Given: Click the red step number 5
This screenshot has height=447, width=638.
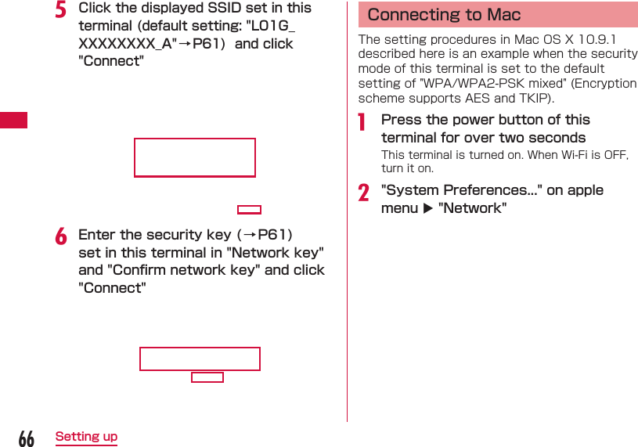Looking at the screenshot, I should [60, 10].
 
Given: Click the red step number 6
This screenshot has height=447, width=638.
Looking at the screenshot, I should [60, 236].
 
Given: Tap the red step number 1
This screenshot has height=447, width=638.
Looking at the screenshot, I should [362, 122].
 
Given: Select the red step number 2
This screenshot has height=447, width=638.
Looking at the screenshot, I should [363, 193].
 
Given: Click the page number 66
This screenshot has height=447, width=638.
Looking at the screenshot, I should [26, 438].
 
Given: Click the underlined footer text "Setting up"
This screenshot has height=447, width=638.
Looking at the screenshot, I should [86, 437].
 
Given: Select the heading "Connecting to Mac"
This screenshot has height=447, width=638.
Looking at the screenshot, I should [444, 15].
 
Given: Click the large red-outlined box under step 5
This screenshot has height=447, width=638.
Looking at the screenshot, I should [195, 157].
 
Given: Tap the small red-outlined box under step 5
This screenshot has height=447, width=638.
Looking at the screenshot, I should [249, 210].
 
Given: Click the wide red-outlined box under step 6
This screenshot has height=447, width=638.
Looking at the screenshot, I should [200, 359].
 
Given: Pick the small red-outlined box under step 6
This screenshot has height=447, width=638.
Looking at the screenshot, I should [207, 377].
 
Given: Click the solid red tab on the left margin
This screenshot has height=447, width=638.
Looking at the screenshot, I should [13, 120].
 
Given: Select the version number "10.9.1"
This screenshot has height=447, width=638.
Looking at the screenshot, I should [598, 39].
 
